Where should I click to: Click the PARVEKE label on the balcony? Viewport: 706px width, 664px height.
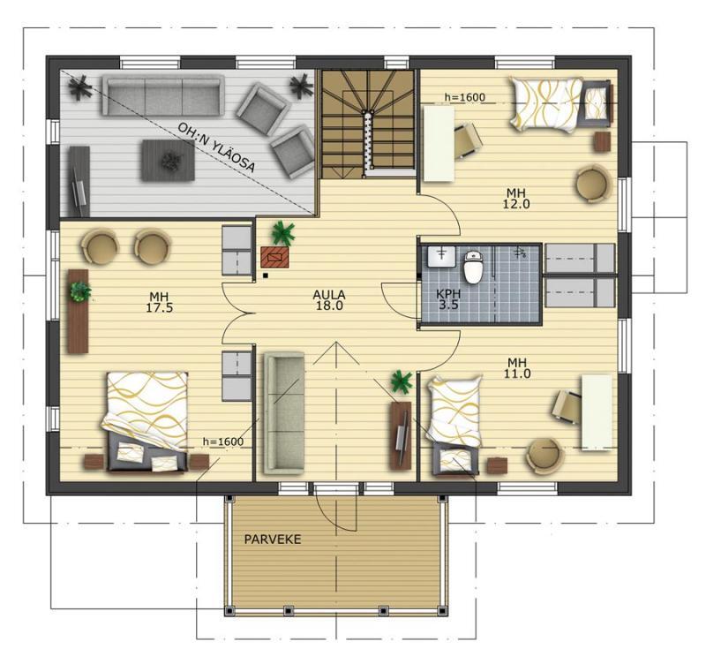(273, 539)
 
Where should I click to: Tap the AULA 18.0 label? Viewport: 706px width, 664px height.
(329, 300)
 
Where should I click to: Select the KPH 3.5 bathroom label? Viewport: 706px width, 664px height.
(448, 299)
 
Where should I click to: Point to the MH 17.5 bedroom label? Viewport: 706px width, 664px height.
(160, 302)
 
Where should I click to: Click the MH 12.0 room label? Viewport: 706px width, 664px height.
(516, 199)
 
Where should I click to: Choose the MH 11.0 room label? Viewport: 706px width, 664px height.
(517, 368)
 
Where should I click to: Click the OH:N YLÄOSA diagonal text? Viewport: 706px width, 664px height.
(216, 147)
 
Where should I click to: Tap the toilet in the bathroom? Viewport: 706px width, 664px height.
(473, 267)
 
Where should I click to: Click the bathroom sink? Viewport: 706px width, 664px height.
(440, 257)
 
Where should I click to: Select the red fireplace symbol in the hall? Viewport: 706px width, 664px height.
(274, 258)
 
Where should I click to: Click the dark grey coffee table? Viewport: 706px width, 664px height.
(168, 161)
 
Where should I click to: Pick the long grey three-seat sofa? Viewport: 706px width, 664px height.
(163, 95)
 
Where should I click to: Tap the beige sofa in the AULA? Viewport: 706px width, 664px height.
(283, 413)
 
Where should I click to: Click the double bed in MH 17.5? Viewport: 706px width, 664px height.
(146, 422)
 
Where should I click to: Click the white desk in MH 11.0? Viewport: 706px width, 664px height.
(597, 412)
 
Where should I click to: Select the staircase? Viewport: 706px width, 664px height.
(368, 124)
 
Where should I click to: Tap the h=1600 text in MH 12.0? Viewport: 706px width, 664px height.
(465, 97)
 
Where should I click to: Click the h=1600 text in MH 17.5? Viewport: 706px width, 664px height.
(223, 441)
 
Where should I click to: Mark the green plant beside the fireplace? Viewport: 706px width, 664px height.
(283, 233)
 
